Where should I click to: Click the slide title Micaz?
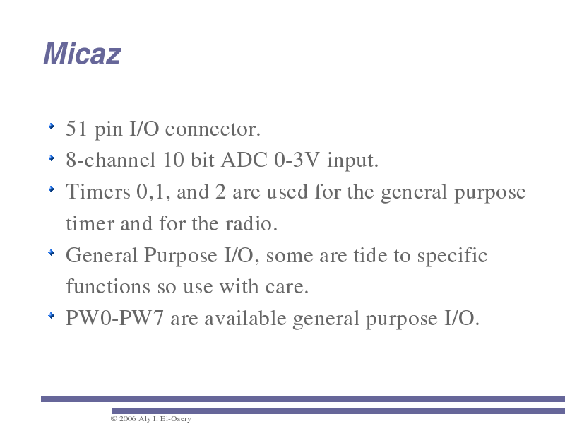point(82,54)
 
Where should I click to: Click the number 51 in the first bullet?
point(76,129)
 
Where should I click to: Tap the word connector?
point(213,129)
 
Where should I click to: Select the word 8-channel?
point(111,160)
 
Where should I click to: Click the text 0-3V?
point(297,160)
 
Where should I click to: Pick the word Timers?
point(98,192)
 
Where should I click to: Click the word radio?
point(251,223)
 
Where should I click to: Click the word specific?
point(452,256)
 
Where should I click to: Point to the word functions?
point(108,287)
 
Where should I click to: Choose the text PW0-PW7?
point(114,319)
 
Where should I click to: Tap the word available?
point(245,319)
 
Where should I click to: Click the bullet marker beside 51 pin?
point(51,126)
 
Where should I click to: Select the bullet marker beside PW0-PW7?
point(51,315)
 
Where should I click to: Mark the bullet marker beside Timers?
point(51,189)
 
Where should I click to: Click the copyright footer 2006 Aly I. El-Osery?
point(150,418)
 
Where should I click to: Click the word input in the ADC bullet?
point(352,160)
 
